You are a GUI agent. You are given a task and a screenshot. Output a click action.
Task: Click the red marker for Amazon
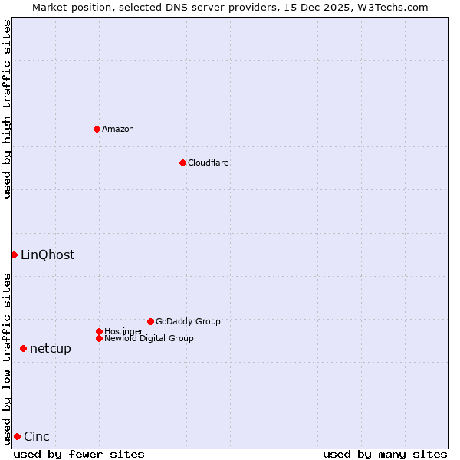click(97, 129)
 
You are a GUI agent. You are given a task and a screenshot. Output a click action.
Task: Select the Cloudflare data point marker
click(182, 163)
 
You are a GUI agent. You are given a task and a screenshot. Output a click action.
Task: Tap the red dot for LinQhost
click(14, 255)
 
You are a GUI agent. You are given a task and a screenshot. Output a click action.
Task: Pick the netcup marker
click(23, 348)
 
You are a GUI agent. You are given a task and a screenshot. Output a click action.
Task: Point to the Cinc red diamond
click(17, 436)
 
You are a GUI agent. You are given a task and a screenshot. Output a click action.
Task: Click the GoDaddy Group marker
click(150, 321)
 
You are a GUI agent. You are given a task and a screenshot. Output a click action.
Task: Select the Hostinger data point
click(99, 331)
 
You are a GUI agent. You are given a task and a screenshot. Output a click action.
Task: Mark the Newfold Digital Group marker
click(99, 338)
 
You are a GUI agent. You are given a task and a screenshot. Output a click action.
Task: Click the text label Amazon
click(117, 129)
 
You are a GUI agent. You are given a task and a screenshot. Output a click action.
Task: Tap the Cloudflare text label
click(208, 163)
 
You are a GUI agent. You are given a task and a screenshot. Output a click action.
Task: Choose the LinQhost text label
click(48, 255)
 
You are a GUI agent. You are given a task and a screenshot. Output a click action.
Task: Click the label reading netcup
click(51, 348)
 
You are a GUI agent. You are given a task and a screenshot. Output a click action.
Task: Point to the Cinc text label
click(37, 436)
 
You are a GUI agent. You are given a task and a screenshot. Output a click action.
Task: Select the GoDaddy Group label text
click(188, 321)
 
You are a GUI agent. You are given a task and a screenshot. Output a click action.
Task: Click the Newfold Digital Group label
click(149, 338)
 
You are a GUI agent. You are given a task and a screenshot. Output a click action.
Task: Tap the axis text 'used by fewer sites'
click(79, 454)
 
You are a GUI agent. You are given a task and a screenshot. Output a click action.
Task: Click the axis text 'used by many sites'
click(385, 454)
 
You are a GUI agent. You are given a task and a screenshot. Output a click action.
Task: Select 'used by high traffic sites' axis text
click(7, 109)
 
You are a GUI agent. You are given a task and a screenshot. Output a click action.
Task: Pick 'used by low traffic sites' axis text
click(7, 358)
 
